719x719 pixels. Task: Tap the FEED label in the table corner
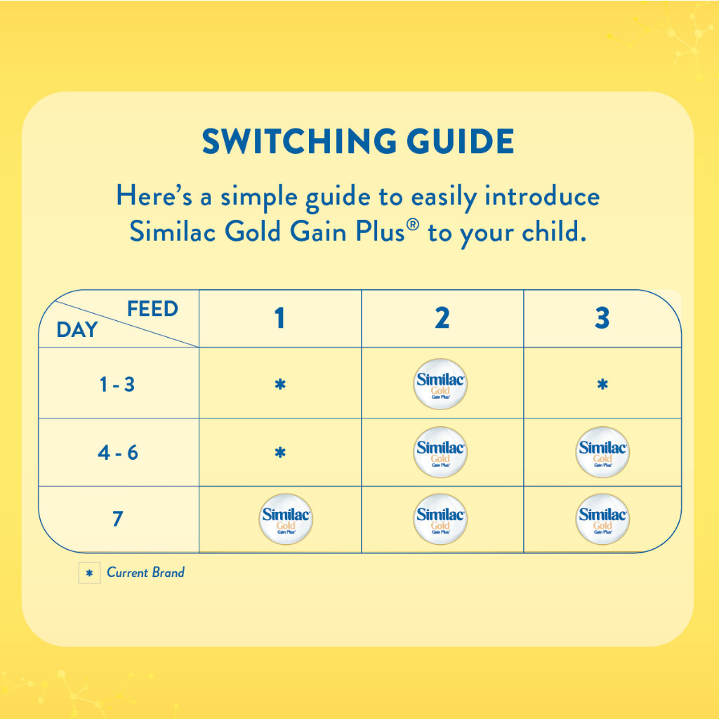click(x=152, y=309)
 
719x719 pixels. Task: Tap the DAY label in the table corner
click(x=77, y=329)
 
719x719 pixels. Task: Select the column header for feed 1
click(x=279, y=318)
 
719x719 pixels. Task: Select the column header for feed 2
click(x=442, y=318)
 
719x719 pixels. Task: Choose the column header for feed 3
click(x=602, y=318)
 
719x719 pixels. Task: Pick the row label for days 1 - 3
click(x=117, y=384)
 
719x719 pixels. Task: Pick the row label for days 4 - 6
click(x=118, y=453)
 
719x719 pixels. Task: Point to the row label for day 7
click(x=118, y=519)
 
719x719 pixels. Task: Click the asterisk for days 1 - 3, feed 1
click(x=280, y=384)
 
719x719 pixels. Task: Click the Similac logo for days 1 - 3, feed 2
click(x=440, y=384)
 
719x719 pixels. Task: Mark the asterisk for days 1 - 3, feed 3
click(x=602, y=384)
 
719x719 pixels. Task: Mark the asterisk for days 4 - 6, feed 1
click(x=280, y=453)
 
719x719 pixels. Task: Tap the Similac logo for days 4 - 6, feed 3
click(x=602, y=452)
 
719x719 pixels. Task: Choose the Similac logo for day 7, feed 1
click(x=286, y=519)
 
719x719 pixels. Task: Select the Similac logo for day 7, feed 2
click(x=440, y=519)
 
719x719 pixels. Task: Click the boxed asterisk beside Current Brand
click(x=89, y=573)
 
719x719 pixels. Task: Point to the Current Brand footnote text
click(x=145, y=572)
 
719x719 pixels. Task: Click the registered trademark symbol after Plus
click(x=413, y=225)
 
